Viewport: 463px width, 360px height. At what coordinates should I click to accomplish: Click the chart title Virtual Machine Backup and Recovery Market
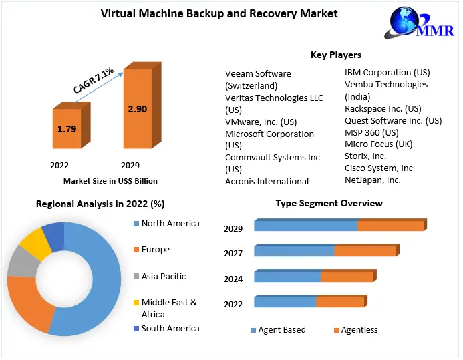coord(218,13)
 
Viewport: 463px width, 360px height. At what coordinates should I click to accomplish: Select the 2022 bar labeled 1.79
coord(67,129)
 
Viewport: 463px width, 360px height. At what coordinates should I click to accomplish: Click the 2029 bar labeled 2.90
coord(137,108)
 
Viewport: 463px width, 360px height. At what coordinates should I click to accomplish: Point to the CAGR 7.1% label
coord(94,79)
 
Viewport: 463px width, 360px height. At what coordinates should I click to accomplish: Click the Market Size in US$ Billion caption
coord(110,180)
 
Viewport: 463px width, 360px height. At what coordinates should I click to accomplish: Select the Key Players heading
coord(335,55)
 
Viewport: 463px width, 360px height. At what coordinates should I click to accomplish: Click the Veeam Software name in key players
coord(258,73)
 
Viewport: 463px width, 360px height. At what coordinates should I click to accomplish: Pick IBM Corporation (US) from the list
coord(387,72)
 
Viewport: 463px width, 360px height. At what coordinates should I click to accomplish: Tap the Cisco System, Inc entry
coord(379,168)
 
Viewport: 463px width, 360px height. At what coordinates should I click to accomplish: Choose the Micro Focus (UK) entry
coord(378,144)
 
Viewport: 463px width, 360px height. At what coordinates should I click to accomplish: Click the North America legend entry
coord(170,224)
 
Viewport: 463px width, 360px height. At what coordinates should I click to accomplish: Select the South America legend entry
coord(170,328)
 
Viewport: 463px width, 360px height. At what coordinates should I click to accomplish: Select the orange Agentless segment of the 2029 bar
coord(390,226)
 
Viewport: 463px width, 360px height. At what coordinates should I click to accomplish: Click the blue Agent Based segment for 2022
coord(285,302)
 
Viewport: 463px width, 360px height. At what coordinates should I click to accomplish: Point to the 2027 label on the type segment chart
coord(233,253)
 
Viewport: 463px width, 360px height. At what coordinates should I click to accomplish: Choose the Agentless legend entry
coord(359,329)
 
